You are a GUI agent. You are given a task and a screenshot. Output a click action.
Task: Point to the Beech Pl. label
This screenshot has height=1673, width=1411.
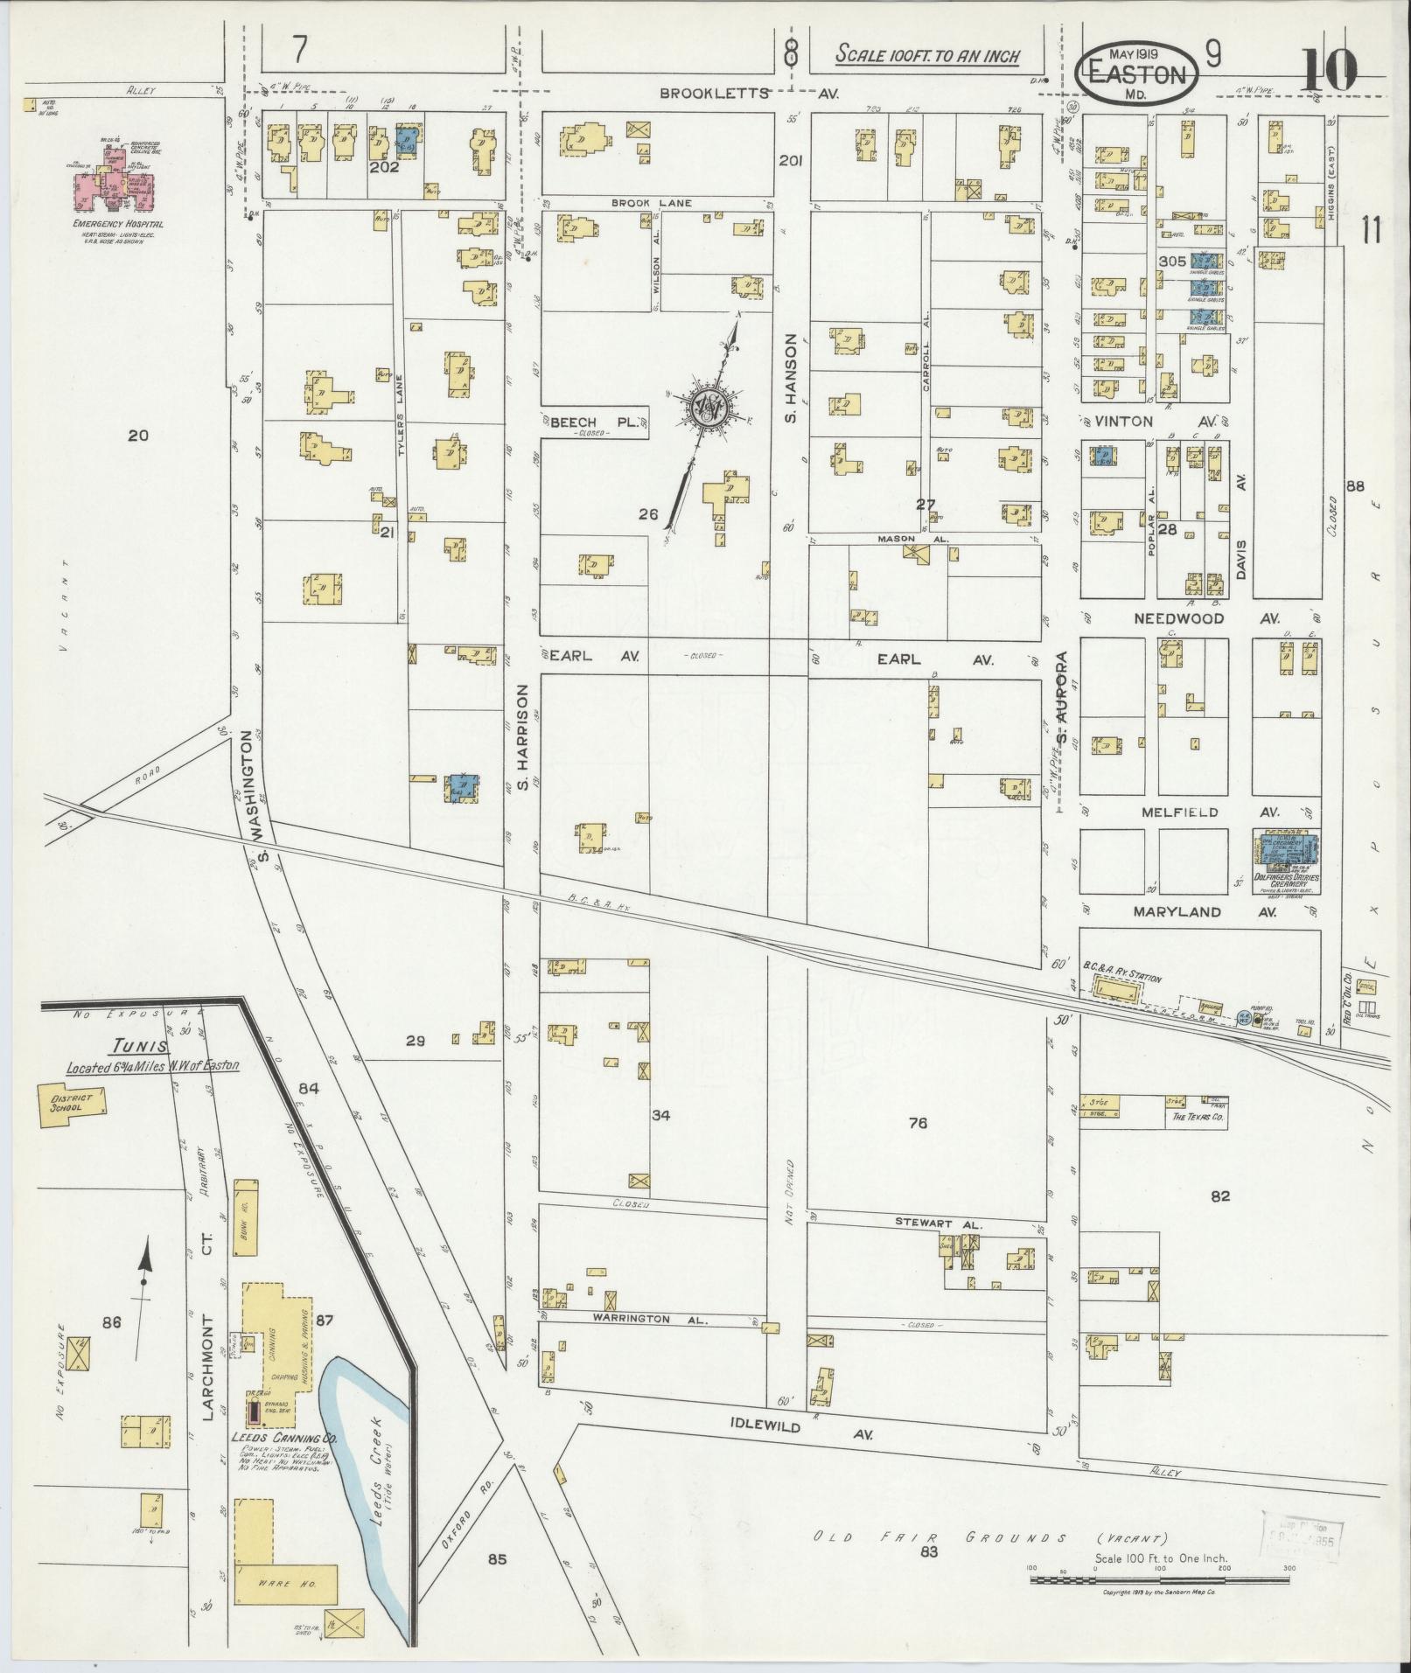[595, 422]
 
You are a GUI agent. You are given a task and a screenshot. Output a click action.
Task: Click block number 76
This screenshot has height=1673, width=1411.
[917, 1122]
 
